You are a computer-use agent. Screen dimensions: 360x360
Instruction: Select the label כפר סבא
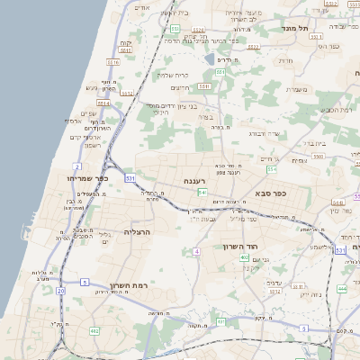click(270, 193)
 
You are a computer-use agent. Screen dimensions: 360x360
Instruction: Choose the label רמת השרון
click(128, 286)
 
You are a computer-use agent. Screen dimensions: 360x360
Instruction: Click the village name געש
click(91, 87)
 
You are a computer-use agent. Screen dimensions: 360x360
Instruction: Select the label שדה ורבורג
click(265, 133)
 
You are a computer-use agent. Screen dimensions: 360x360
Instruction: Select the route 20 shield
click(60, 291)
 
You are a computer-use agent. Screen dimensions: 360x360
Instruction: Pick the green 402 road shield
click(245, 258)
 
